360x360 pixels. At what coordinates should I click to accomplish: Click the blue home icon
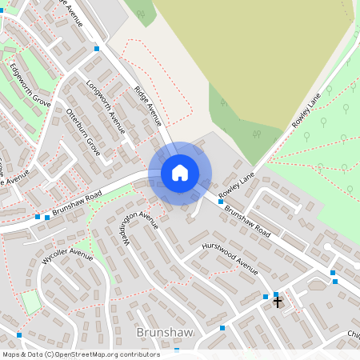pyautogui.click(x=180, y=172)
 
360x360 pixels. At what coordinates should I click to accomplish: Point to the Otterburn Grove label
pyautogui.click(x=83, y=130)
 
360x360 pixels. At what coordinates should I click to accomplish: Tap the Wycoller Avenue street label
pyautogui.click(x=67, y=257)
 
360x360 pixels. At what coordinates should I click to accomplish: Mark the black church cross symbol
pyautogui.click(x=278, y=302)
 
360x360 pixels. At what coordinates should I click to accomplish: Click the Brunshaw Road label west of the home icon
pyautogui.click(x=77, y=206)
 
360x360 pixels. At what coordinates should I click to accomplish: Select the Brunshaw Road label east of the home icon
pyautogui.click(x=247, y=223)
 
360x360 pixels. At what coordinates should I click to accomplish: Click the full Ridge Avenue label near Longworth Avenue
pyautogui.click(x=148, y=106)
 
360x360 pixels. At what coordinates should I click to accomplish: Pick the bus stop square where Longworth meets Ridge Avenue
pyautogui.click(x=97, y=49)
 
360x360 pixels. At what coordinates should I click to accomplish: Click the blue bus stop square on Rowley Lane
pyautogui.click(x=221, y=202)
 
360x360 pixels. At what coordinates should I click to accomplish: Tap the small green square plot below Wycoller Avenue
pyautogui.click(x=30, y=302)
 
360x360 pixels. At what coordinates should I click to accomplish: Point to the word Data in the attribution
pyautogui.click(x=34, y=354)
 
